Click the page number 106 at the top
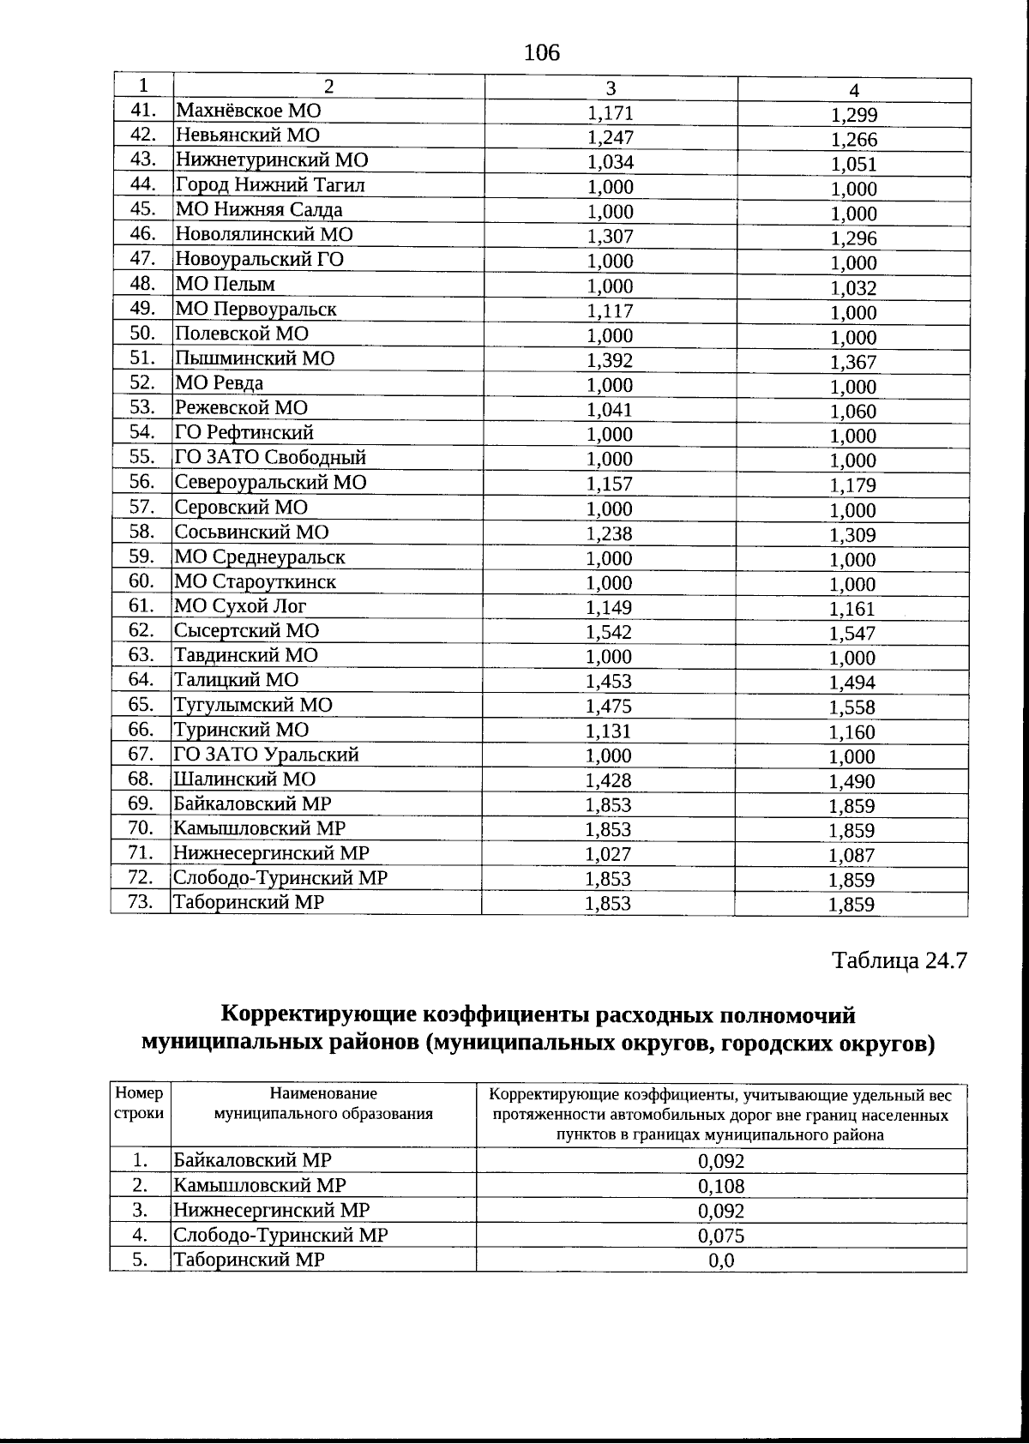541,53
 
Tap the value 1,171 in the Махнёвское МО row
610,113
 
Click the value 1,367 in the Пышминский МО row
853,363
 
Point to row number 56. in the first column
141,482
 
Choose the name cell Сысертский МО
247,631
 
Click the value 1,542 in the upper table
609,633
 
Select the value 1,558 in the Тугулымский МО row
852,707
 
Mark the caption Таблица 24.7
900,960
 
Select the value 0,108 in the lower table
721,1187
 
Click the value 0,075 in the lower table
721,1236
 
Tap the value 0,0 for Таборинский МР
721,1261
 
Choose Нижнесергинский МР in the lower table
272,1211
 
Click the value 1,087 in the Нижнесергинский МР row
851,856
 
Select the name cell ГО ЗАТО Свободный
270,458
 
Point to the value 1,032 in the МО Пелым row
853,288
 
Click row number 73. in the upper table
141,902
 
